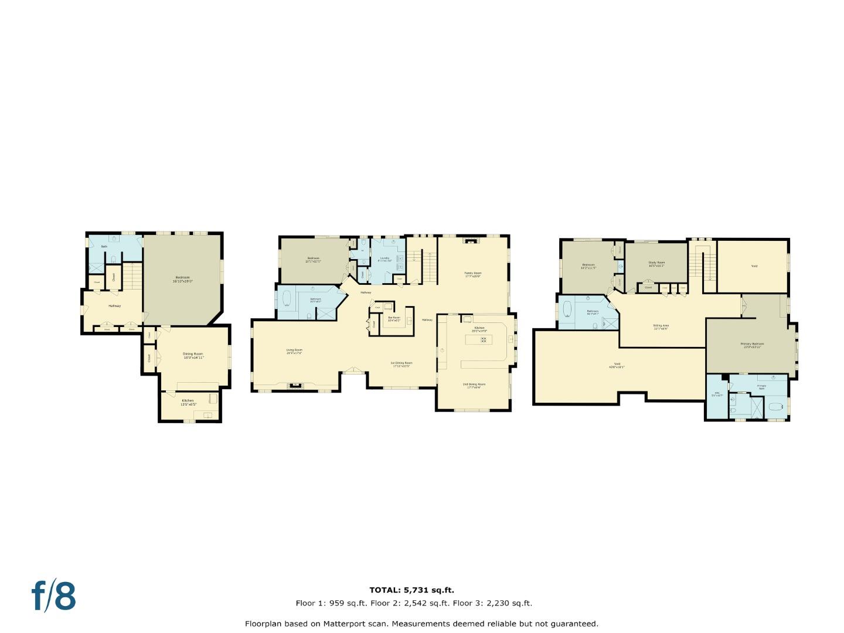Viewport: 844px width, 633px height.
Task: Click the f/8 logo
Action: pyautogui.click(x=53, y=596)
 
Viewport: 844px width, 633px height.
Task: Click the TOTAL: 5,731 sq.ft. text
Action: pyautogui.click(x=411, y=590)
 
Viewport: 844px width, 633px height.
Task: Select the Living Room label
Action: pyautogui.click(x=294, y=351)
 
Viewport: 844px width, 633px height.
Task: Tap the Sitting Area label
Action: pyautogui.click(x=661, y=326)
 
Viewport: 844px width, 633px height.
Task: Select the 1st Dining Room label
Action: pyautogui.click(x=401, y=363)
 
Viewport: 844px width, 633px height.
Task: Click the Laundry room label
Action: pyautogui.click(x=384, y=259)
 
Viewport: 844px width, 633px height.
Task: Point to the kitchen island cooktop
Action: pyautogui.click(x=484, y=339)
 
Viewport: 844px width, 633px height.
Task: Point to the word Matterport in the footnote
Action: pyautogui.click(x=345, y=624)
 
